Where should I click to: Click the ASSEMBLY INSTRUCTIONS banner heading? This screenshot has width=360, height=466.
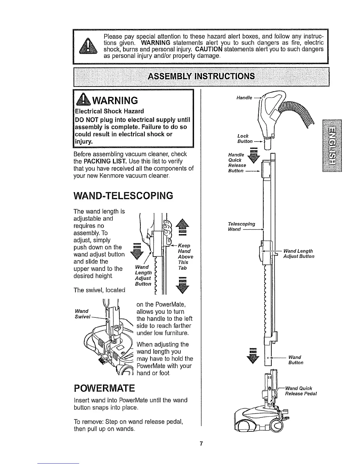pos(201,76)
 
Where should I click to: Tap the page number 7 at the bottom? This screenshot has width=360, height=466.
pos(201,444)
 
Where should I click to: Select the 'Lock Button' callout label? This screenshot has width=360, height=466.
pos(244,139)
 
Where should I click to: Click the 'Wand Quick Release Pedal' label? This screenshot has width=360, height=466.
pos(300,391)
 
